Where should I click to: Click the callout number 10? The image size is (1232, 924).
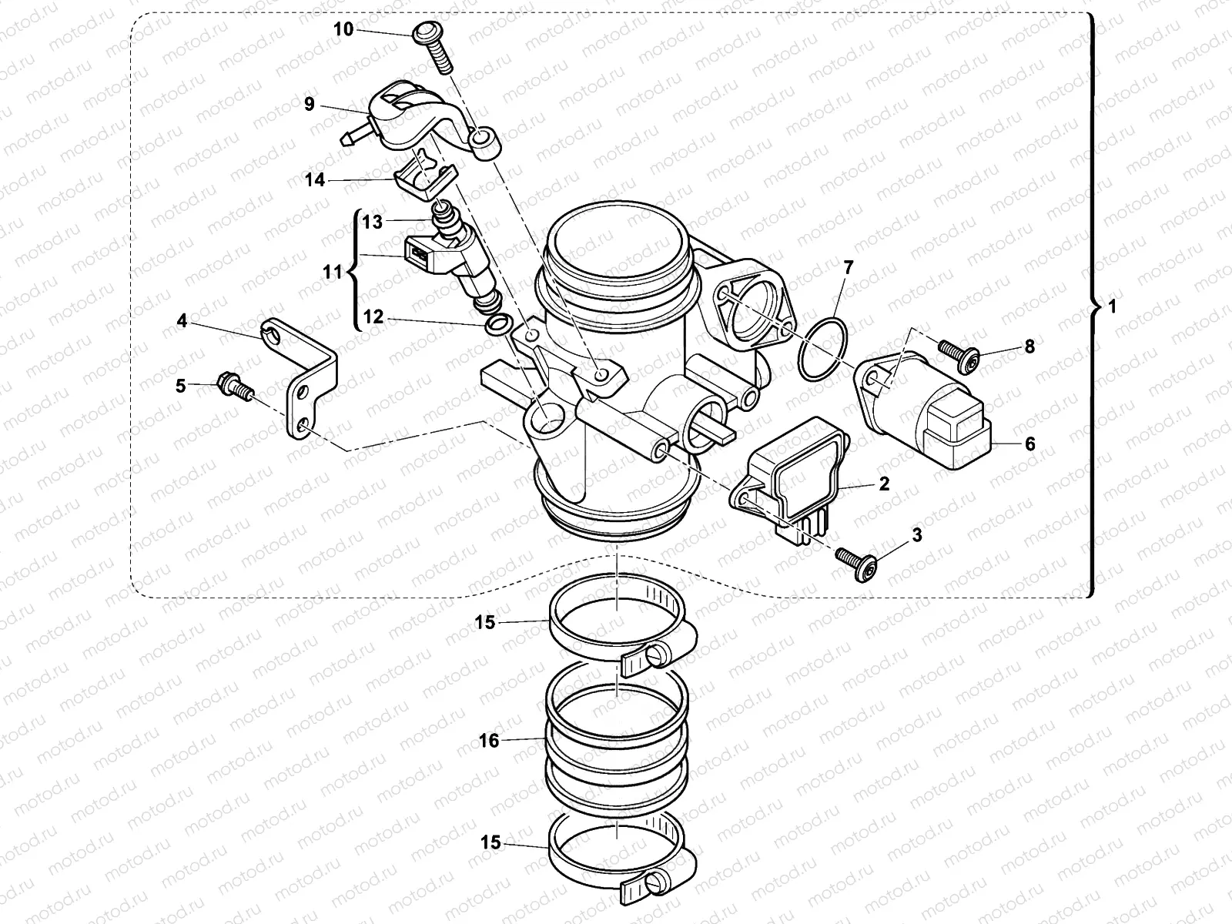[343, 29]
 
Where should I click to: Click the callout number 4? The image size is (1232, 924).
[182, 320]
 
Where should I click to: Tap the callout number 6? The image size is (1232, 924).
[1030, 444]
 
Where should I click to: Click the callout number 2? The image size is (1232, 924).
[884, 484]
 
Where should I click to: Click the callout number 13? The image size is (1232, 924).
[373, 223]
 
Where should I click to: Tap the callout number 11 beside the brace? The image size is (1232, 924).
[332, 272]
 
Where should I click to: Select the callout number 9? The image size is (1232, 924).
[310, 104]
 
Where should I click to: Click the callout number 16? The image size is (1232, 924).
[490, 741]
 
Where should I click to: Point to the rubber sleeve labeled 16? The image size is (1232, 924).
[616, 739]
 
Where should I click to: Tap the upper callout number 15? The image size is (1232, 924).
[484, 622]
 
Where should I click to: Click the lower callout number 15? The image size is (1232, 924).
[490, 844]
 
